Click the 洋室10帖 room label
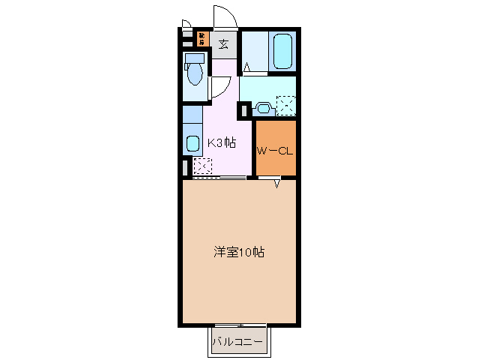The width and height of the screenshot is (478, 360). pos(239,253)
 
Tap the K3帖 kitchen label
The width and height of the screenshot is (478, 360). pos(221,142)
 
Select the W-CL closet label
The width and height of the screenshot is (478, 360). pos(274,151)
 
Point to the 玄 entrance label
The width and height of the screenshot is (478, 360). pos(224,43)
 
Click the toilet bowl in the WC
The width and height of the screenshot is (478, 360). pos(195,74)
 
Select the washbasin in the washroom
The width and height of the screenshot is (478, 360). pos(262,108)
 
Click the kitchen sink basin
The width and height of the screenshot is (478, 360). pos(192,143)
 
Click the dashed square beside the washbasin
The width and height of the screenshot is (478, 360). pos(285,106)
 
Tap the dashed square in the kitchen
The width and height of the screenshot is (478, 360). pos(202,165)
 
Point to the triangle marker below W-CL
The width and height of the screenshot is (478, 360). pos(276,184)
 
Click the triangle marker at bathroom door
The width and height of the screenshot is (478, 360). pos(247,68)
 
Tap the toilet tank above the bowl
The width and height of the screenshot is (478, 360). pos(194,58)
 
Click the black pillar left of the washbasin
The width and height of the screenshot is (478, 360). pos(243,110)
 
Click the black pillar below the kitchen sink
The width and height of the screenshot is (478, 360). pos(184,167)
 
